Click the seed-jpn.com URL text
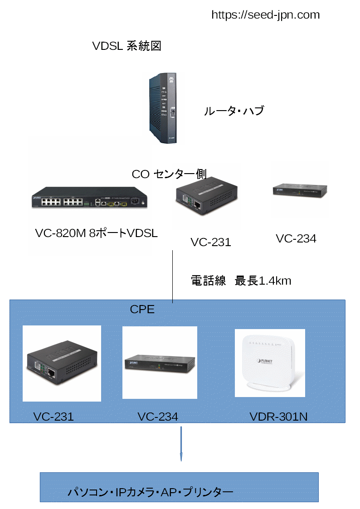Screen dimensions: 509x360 click(266, 15)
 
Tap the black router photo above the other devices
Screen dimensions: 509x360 click(163, 108)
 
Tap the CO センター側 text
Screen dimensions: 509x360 click(169, 174)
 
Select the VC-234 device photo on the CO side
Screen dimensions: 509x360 click(300, 190)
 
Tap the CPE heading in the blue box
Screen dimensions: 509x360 click(142, 310)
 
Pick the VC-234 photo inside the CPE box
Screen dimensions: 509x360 click(160, 363)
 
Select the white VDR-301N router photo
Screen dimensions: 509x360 click(270, 363)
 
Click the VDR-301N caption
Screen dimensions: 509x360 click(278, 417)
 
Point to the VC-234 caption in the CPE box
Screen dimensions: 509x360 click(158, 417)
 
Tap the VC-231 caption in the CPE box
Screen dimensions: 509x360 click(54, 417)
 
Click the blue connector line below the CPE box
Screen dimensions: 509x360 click(181, 444)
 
